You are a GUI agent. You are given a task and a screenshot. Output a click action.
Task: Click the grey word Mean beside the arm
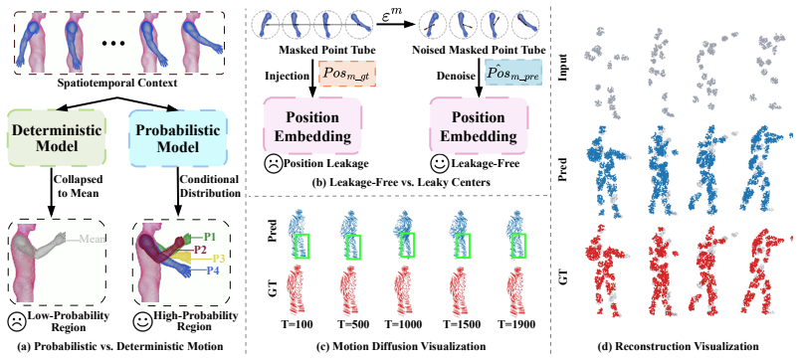point(93,237)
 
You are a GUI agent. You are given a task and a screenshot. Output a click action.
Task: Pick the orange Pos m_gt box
point(347,76)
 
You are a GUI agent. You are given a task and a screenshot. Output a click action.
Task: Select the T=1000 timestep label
point(404,324)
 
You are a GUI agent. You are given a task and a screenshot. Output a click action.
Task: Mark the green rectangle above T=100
point(302,245)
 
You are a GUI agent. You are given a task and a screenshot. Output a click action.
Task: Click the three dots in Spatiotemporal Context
point(117,44)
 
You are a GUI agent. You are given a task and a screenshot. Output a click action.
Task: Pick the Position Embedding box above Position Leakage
point(311,124)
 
